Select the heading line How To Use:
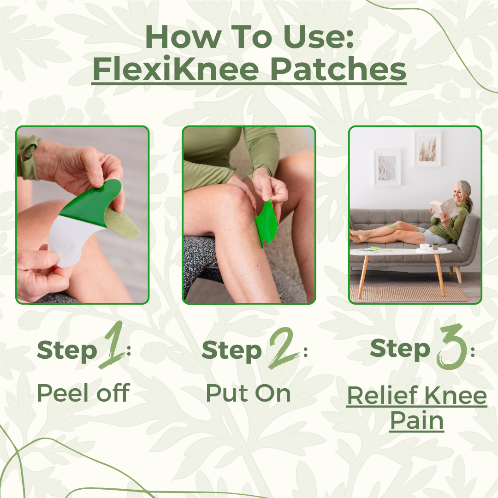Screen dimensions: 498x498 click(x=249, y=38)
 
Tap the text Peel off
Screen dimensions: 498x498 click(x=83, y=393)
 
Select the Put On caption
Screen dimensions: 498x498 click(x=249, y=393)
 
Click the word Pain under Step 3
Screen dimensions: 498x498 click(x=416, y=421)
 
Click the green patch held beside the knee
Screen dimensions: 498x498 click(x=265, y=224)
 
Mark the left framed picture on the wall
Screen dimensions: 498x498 click(x=387, y=167)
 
